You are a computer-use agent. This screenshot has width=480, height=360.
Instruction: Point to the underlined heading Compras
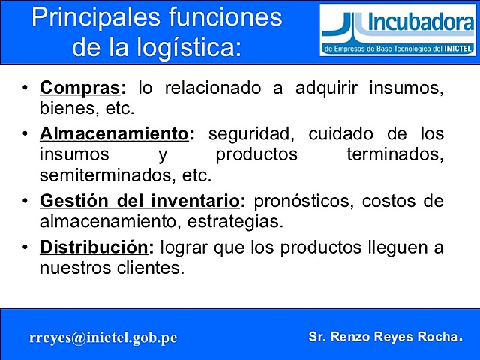[81, 88]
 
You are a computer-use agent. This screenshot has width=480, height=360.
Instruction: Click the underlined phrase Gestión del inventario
[140, 202]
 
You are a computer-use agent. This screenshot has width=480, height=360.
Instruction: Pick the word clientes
[145, 268]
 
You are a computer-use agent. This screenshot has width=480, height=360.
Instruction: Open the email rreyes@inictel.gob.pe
[103, 337]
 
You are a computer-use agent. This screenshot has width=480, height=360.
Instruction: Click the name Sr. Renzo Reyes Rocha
[385, 337]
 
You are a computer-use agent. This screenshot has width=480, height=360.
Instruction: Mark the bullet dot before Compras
[25, 88]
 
